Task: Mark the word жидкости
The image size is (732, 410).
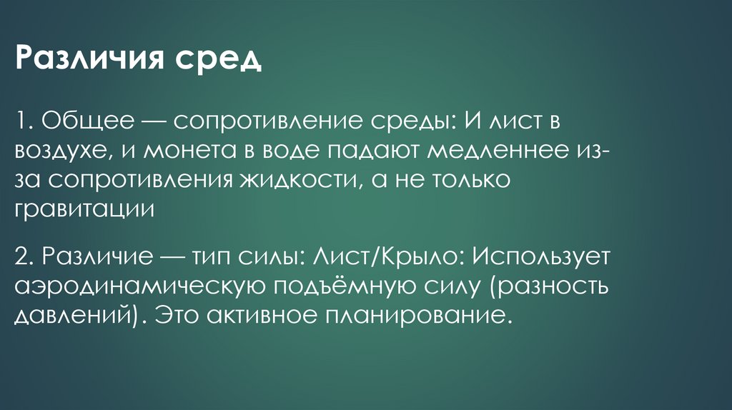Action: (292, 181)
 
